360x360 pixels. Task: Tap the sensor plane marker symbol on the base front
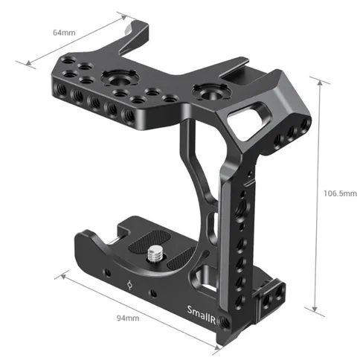point(130,284)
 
